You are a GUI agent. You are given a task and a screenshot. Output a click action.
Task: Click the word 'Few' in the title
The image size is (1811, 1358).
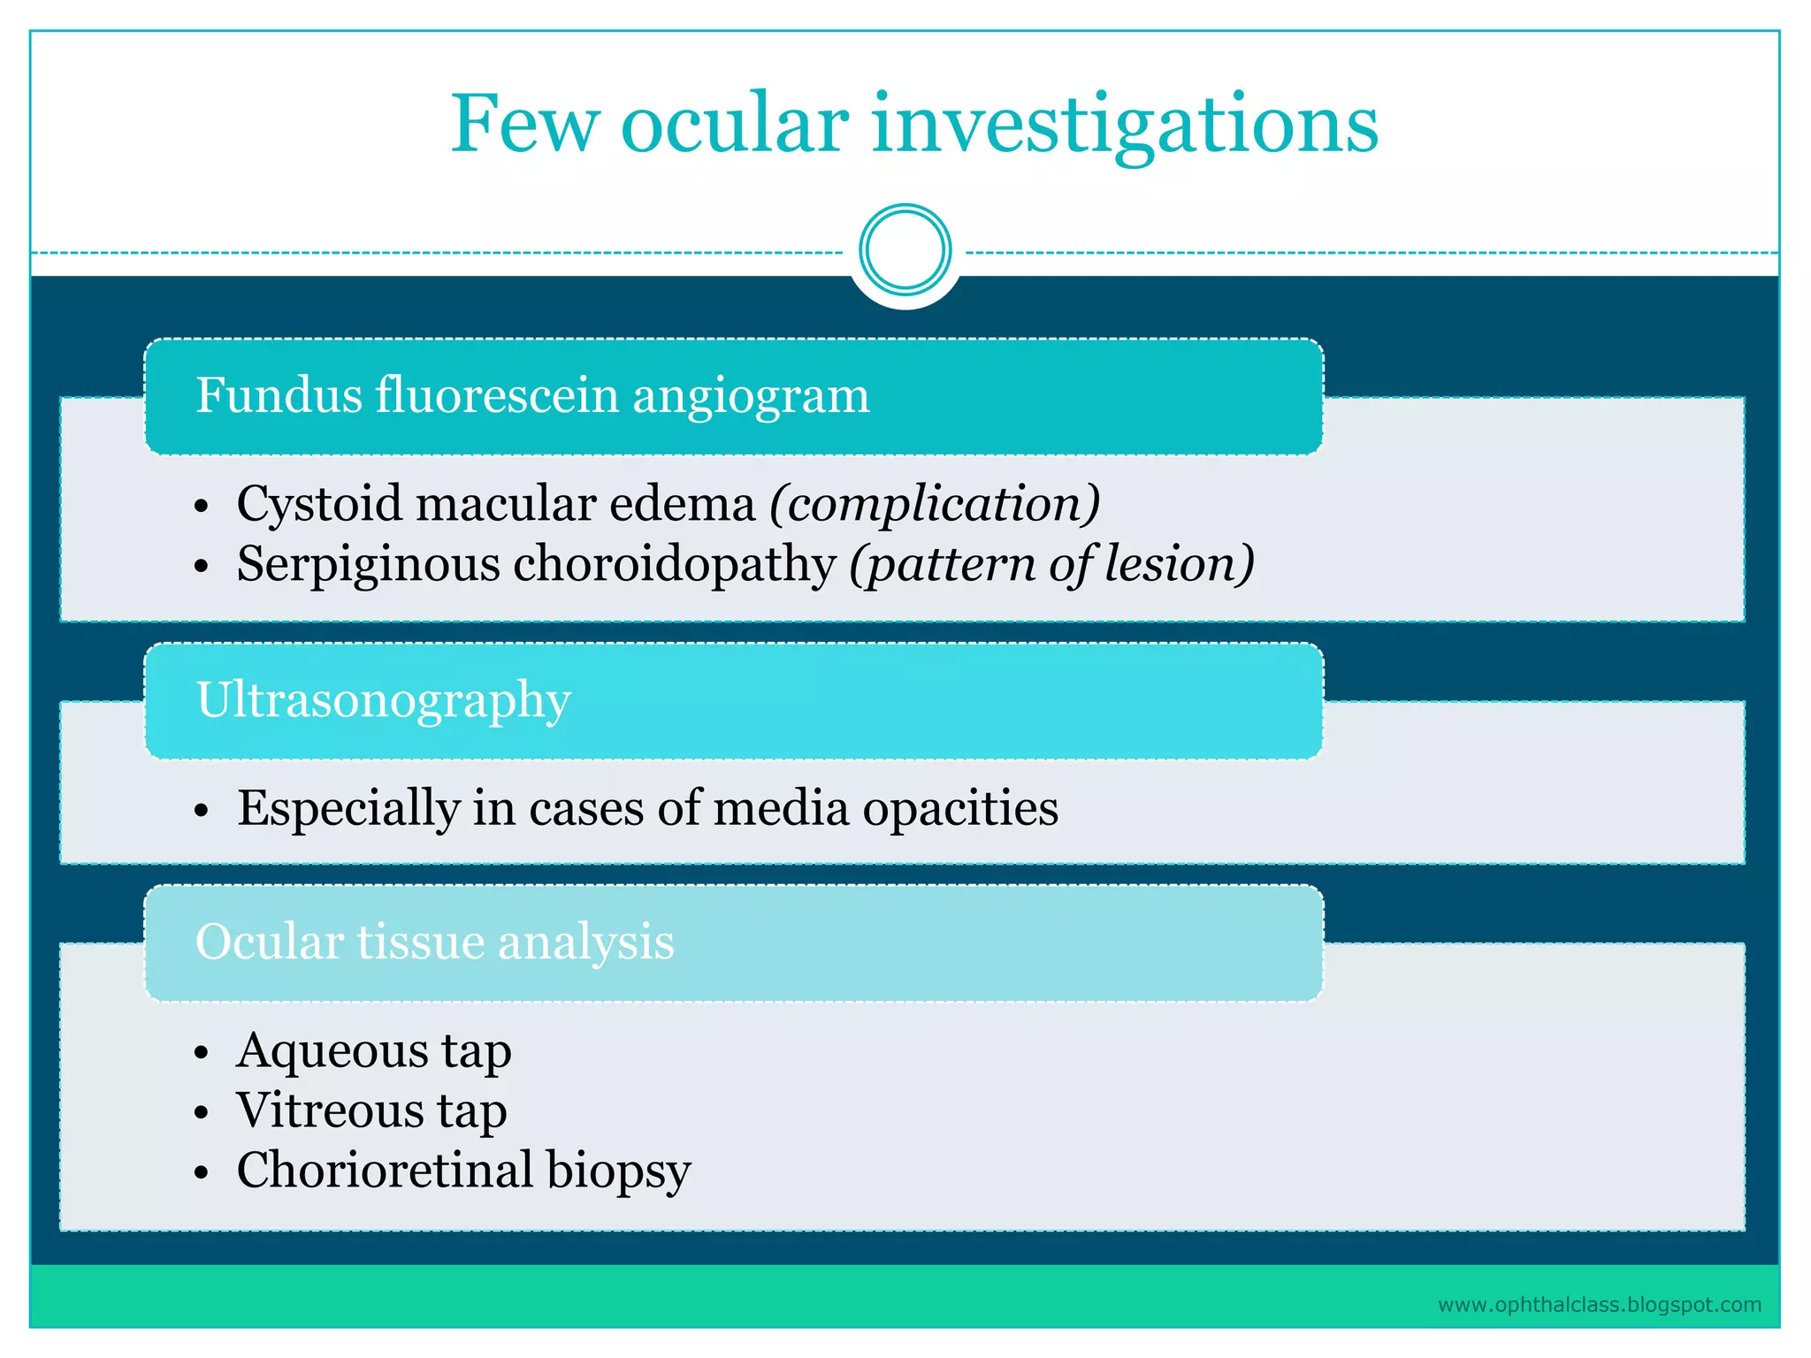[x=523, y=125]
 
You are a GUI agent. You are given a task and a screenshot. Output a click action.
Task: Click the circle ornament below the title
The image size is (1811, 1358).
[x=905, y=250]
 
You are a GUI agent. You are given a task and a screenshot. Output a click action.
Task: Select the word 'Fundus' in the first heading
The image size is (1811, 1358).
[x=279, y=395]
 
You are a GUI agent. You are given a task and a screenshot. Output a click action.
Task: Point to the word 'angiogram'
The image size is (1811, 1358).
[x=751, y=395]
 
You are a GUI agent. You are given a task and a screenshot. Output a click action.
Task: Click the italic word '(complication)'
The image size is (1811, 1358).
[x=935, y=505]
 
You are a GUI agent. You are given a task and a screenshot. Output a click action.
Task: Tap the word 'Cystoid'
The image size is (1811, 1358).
[x=319, y=505]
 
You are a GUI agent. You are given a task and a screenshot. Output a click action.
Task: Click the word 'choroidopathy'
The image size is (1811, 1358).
[x=674, y=564]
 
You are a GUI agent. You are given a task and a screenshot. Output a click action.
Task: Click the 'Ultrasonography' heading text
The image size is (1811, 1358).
[x=383, y=701]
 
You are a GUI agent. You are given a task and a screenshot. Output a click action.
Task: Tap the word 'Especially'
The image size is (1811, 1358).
[x=348, y=808]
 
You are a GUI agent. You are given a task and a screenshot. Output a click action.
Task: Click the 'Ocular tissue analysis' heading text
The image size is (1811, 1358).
[x=434, y=942]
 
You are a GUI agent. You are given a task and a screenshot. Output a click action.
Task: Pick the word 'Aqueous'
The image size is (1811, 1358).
[x=332, y=1051]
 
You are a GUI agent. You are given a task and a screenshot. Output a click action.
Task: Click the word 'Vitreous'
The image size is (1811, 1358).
[x=329, y=1110]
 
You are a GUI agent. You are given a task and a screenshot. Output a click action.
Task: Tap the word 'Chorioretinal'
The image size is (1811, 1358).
[x=384, y=1170]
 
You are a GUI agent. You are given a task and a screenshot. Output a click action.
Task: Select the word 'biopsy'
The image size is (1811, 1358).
[x=618, y=1171]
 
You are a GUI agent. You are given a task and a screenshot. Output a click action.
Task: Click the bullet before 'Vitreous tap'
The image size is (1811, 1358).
[x=202, y=1113]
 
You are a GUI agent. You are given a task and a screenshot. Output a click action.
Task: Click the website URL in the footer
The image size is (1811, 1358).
[x=1599, y=1305]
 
